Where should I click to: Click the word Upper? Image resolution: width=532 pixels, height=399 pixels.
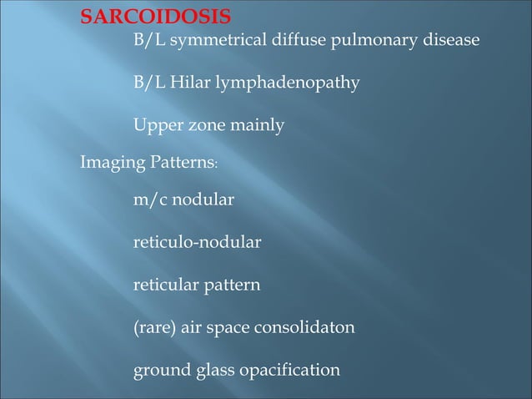pyautogui.click(x=156, y=126)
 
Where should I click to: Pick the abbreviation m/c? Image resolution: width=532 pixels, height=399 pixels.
pyautogui.click(x=151, y=200)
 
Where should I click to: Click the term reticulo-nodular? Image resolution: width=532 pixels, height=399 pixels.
pyautogui.click(x=197, y=243)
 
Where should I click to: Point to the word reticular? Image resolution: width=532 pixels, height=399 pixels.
pyautogui.click(x=163, y=285)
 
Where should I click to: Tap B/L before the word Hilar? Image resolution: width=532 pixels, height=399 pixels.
pyautogui.click(x=148, y=83)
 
